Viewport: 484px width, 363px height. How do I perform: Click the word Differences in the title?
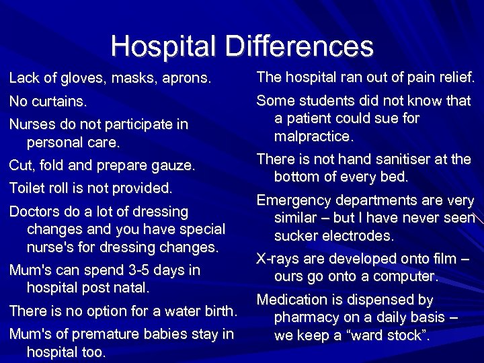pos(299,46)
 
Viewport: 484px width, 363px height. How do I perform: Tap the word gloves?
pos(83,79)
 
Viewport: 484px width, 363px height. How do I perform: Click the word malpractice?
pos(313,136)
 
